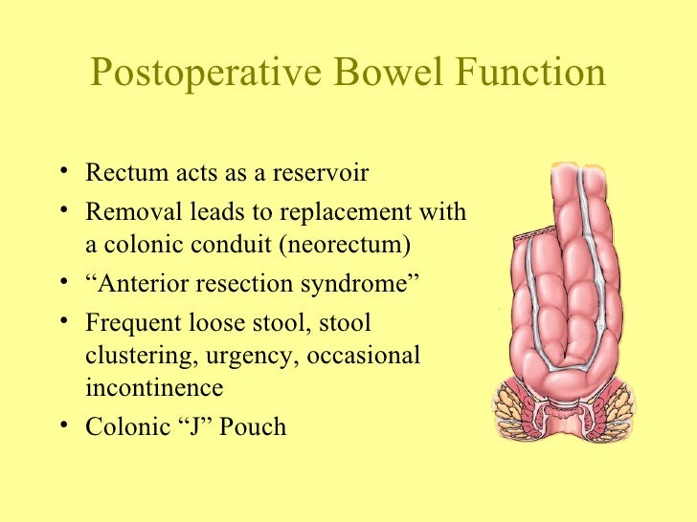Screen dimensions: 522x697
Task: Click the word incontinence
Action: coord(154,388)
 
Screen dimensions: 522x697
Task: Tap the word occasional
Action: coord(363,356)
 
